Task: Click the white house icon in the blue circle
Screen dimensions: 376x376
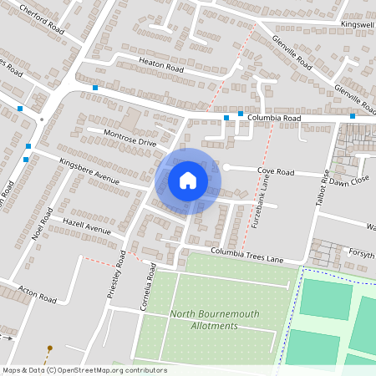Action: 188,180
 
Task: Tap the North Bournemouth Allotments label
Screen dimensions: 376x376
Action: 215,319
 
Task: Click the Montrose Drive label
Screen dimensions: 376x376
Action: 130,138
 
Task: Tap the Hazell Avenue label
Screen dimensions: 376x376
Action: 86,226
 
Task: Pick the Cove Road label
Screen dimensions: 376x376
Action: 276,171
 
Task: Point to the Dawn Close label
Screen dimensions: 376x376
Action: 348,181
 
